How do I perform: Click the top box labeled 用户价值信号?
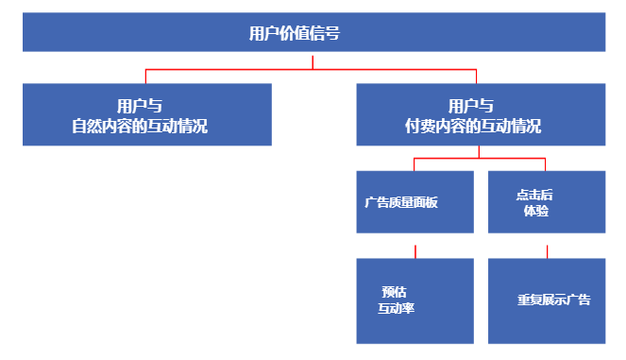(x=313, y=32)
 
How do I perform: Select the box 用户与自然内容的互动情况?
(x=147, y=114)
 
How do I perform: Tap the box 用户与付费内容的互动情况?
(x=480, y=114)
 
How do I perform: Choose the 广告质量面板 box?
(x=415, y=202)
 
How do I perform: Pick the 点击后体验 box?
(x=546, y=202)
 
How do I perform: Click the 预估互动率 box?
(x=415, y=300)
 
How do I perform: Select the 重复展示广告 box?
(x=546, y=300)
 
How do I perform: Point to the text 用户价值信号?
(x=295, y=33)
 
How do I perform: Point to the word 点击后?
(x=534, y=195)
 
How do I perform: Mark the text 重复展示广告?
(x=554, y=300)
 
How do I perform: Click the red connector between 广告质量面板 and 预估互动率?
(x=415, y=250)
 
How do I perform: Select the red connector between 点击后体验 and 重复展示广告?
(x=546, y=250)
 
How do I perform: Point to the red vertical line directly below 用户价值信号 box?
(x=313, y=60)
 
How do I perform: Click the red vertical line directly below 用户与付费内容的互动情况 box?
(x=480, y=151)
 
